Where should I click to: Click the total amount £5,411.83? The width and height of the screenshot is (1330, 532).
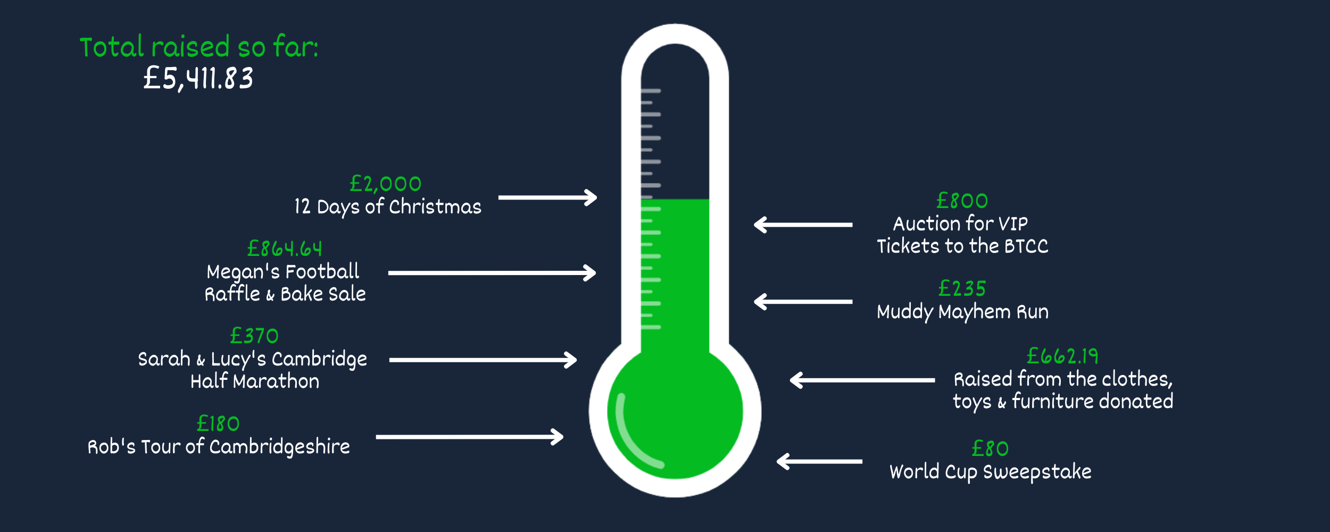tap(198, 79)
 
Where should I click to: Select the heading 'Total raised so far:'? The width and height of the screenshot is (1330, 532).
tap(199, 47)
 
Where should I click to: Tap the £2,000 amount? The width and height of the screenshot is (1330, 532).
tap(385, 184)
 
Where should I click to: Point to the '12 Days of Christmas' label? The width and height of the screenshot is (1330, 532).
tap(387, 206)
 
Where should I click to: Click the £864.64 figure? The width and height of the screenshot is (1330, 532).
tap(285, 248)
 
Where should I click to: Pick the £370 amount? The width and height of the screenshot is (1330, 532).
tap(254, 336)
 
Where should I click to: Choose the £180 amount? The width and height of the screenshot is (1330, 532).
tap(218, 424)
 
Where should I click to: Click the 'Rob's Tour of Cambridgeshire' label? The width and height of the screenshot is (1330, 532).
tap(219, 447)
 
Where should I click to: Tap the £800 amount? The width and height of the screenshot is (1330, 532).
tap(962, 201)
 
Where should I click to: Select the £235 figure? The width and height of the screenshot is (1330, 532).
tap(962, 289)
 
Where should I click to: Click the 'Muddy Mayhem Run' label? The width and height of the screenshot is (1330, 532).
tap(962, 312)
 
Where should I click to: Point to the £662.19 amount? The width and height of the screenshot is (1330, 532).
tap(1062, 356)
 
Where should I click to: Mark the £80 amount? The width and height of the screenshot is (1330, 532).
tap(990, 449)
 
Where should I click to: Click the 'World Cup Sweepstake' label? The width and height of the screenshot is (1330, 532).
tap(990, 472)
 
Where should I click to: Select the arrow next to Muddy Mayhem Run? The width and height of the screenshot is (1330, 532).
tap(803, 302)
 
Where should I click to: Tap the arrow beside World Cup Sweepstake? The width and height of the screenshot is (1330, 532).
tap(819, 461)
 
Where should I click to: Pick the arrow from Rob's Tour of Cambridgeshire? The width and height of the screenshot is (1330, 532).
tap(469, 437)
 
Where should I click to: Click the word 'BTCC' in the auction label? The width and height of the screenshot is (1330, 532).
tap(1026, 246)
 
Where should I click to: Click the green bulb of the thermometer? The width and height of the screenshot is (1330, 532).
tap(675, 412)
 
